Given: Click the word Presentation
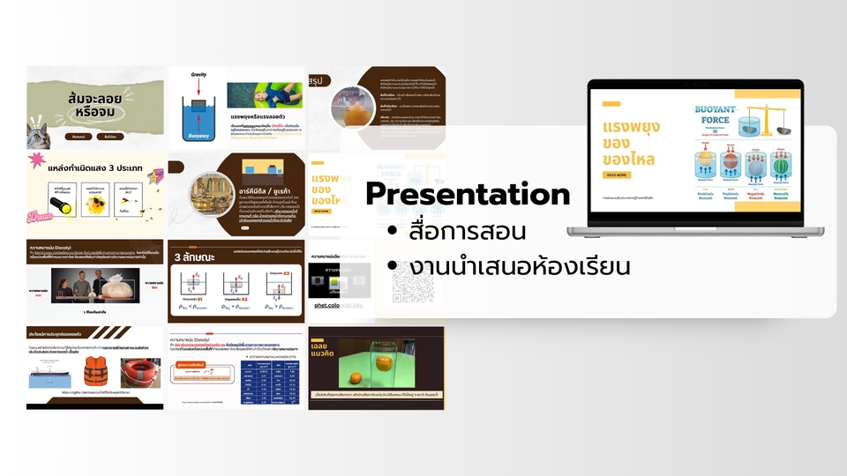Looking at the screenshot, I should (467, 194).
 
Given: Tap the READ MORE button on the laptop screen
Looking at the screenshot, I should (618, 175).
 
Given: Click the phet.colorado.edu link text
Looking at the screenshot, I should (340, 305).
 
